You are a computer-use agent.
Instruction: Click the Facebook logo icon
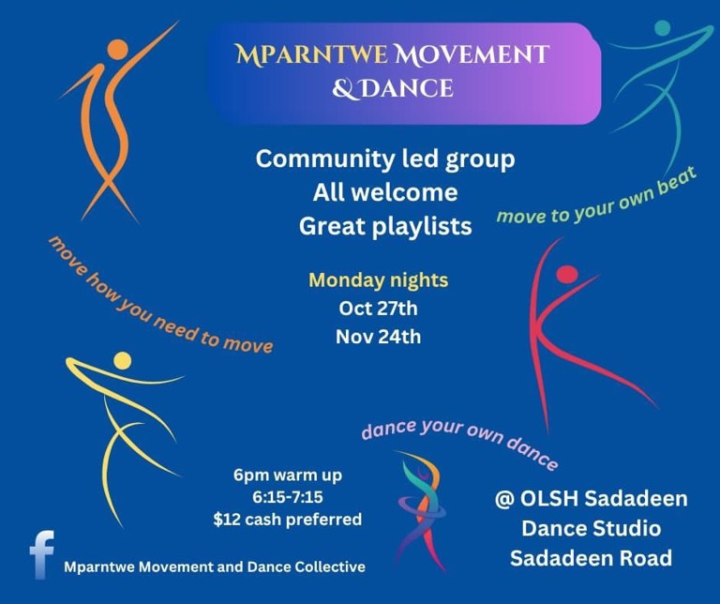point(42,554)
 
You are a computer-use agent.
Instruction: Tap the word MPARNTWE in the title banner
point(312,54)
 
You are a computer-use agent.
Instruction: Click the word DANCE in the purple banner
point(408,88)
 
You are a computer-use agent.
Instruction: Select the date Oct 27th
point(379,309)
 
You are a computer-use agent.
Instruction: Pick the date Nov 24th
point(379,337)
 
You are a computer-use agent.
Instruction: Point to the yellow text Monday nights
point(379,280)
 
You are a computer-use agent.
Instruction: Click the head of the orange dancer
point(117,49)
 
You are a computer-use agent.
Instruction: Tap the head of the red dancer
point(566,274)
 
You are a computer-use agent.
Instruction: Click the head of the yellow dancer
point(122,360)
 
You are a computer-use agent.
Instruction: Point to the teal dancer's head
point(662,28)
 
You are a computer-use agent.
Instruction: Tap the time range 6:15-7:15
point(288,497)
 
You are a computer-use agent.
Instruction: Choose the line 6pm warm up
point(288,475)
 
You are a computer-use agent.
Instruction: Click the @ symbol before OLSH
point(504,500)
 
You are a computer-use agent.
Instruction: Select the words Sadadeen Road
point(591,559)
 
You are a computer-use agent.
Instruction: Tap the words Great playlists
point(385,226)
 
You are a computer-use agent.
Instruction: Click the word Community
point(325,159)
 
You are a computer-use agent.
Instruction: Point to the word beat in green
point(677,183)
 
